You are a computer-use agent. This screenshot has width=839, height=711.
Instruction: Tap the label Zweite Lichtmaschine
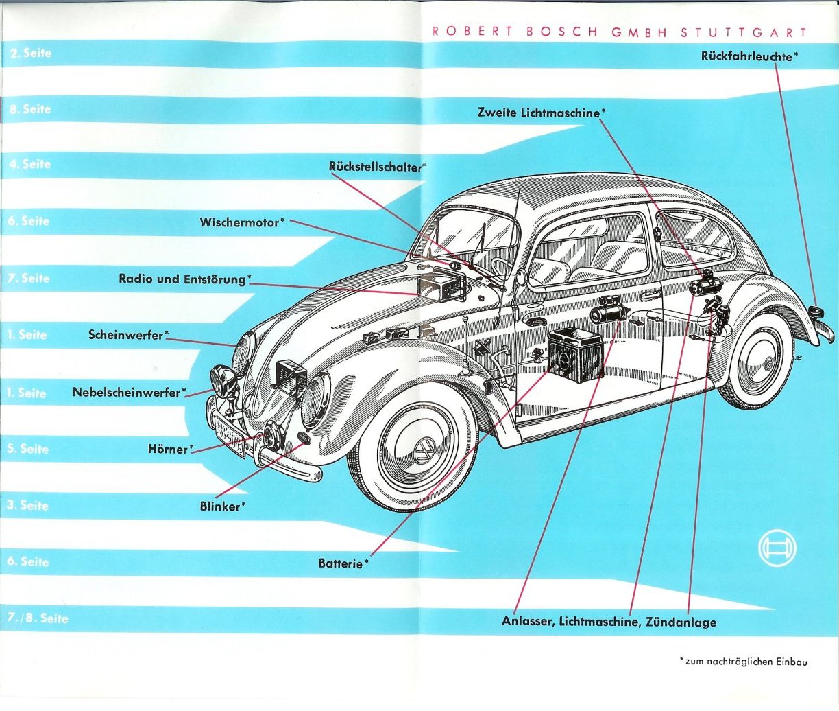pos(538,113)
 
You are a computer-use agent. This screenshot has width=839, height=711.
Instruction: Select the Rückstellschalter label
pos(376,167)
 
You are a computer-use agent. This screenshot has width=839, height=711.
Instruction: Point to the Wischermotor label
pos(239,222)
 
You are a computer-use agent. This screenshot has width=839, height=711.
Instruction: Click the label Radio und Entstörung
pos(182,279)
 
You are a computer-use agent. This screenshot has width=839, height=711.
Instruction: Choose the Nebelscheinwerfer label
pos(126,393)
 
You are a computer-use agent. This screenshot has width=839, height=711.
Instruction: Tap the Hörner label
pos(168,449)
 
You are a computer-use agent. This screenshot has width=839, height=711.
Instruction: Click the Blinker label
pos(220,506)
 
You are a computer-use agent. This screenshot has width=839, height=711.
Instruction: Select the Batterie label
pos(340,563)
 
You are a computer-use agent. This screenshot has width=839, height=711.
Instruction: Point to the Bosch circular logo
pos(777,548)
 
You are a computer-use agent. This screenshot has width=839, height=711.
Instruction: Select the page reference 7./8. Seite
pos(38,618)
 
